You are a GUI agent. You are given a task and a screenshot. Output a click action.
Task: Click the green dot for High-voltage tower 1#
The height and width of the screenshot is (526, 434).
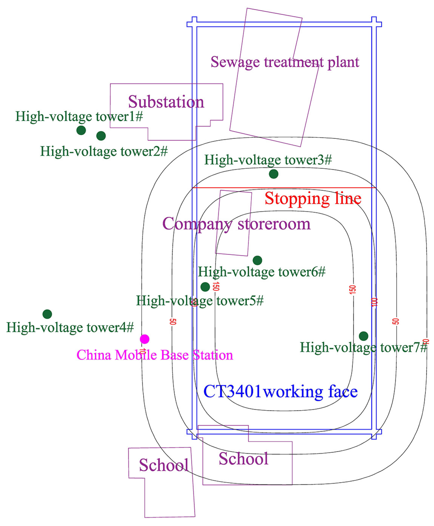tap(81, 130)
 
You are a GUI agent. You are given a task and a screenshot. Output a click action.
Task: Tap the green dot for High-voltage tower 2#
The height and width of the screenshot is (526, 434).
tap(101, 136)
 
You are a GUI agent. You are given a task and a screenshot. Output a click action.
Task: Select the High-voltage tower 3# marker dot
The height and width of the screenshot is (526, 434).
tap(273, 174)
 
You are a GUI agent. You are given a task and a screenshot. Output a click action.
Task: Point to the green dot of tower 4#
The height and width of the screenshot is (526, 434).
tap(47, 314)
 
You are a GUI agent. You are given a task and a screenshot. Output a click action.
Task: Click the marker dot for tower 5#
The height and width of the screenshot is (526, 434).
tap(205, 287)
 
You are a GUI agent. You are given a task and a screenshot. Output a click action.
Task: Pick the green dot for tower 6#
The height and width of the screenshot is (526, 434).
tap(257, 260)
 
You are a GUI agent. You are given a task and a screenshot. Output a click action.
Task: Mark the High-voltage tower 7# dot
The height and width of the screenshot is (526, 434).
tap(363, 336)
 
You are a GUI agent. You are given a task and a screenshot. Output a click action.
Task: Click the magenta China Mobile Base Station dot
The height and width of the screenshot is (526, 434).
tap(145, 339)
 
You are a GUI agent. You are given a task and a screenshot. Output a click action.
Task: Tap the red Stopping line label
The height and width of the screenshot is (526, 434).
tap(313, 199)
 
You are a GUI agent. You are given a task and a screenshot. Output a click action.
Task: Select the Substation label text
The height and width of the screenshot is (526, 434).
tap(166, 102)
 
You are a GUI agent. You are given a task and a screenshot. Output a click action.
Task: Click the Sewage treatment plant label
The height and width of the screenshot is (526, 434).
tap(285, 62)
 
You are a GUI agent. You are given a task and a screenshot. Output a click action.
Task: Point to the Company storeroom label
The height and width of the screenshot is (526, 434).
tap(236, 224)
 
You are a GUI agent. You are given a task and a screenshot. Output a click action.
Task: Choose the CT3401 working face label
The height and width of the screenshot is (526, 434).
tap(280, 392)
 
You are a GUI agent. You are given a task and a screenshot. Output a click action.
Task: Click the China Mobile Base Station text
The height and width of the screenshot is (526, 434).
tap(155, 355)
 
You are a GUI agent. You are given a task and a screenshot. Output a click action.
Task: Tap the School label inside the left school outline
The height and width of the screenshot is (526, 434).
tap(164, 465)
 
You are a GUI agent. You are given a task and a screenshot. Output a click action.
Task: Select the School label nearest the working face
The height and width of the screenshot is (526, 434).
tap(243, 459)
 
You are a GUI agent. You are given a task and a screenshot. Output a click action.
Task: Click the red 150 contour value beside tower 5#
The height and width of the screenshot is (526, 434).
tap(216, 286)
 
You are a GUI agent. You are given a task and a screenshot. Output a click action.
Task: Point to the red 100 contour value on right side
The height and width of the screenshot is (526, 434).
tap(374, 302)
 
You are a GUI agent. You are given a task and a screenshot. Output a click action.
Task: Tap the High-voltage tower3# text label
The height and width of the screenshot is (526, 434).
tap(268, 160)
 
